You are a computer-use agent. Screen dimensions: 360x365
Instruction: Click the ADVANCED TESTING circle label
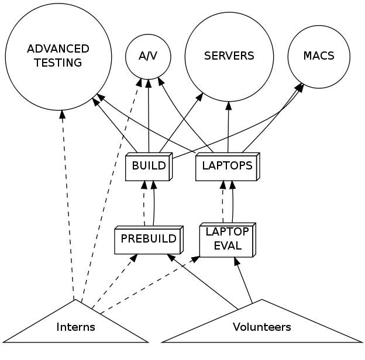[58, 56]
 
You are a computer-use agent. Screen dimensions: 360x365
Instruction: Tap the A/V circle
[149, 56]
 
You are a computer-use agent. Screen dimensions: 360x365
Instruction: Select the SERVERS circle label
[229, 56]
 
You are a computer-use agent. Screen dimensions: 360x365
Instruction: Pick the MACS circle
[319, 56]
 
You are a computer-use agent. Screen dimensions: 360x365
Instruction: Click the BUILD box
[149, 166]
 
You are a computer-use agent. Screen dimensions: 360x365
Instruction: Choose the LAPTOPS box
[227, 166]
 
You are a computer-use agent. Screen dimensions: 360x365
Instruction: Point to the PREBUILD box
[148, 239]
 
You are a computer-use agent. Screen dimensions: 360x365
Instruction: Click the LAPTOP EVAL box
[227, 240]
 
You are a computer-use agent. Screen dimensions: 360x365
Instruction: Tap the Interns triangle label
[75, 327]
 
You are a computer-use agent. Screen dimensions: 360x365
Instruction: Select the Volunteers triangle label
[261, 327]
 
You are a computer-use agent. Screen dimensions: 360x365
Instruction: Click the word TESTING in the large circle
[58, 63]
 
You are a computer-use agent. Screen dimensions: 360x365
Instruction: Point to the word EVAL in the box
[228, 246]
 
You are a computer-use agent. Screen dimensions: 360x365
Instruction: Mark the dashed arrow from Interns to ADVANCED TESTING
[67, 205]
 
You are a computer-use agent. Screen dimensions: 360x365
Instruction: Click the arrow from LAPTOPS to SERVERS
[228, 129]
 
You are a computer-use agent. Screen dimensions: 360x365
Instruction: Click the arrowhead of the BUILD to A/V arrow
[149, 84]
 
